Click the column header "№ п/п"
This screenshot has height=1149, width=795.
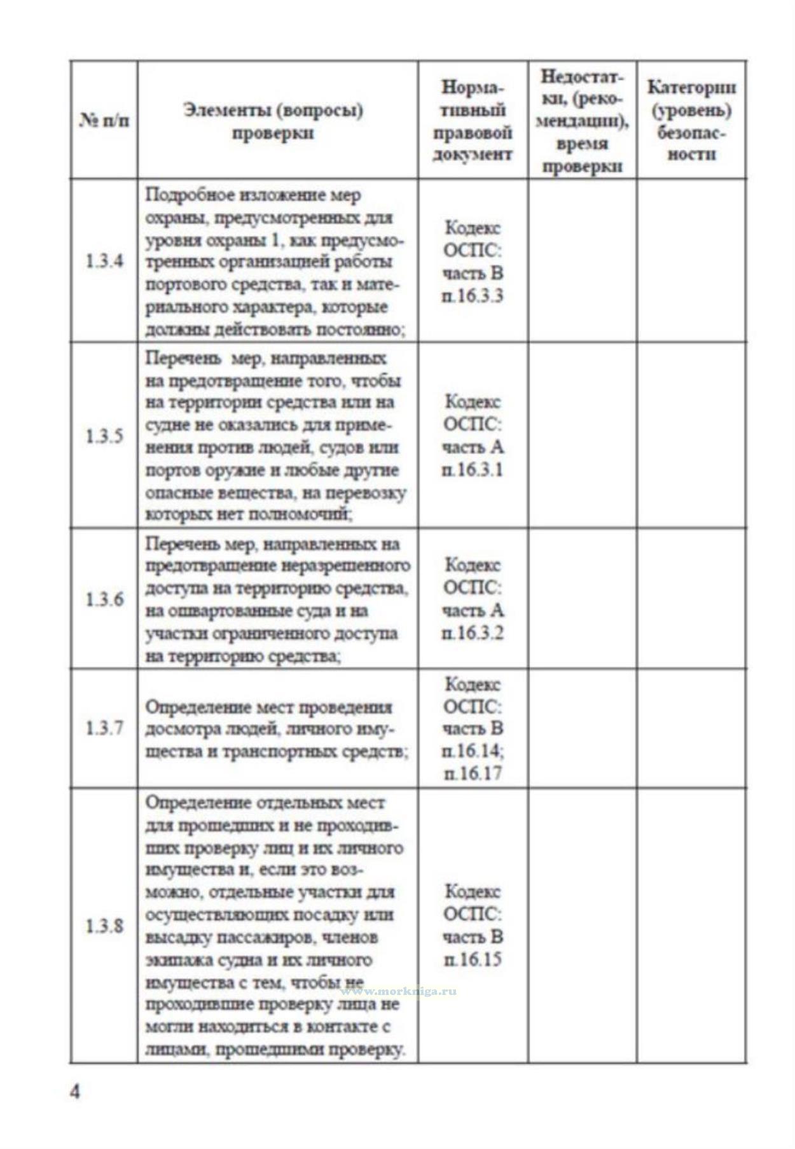(x=104, y=120)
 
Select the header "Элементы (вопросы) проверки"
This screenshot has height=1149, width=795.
(x=273, y=121)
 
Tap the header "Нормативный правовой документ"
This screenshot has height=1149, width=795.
(x=473, y=120)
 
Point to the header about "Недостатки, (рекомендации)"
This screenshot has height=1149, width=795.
(x=582, y=120)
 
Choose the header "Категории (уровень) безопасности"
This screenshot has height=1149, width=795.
(x=691, y=120)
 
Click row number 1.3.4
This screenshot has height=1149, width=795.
(x=104, y=261)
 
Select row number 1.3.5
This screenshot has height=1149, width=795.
(x=104, y=436)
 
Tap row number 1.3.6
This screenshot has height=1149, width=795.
(x=104, y=599)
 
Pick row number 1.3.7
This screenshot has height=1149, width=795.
(x=104, y=728)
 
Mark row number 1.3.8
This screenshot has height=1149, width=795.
(x=104, y=926)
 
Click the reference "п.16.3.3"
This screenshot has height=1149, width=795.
(x=473, y=296)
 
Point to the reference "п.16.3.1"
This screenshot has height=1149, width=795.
(x=473, y=470)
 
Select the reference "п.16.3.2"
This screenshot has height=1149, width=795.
(x=473, y=633)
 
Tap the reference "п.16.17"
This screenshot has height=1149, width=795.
(x=473, y=774)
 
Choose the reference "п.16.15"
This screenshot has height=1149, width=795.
(x=473, y=959)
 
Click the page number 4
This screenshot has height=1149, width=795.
(x=75, y=1092)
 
